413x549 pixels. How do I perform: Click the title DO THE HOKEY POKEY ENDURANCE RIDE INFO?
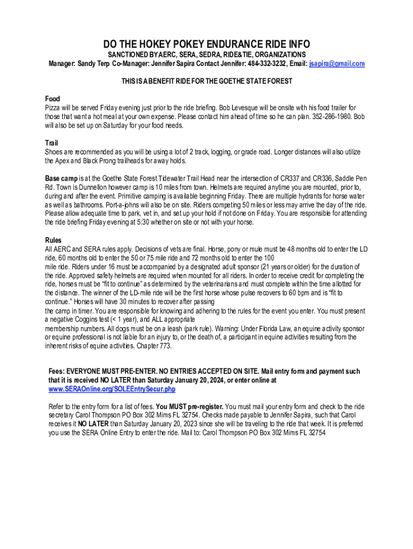[206, 44]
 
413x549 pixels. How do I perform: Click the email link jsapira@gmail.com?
[337, 64]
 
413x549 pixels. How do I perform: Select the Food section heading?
[53, 99]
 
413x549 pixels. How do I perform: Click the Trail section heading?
[51, 143]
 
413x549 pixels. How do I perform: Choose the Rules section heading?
[54, 240]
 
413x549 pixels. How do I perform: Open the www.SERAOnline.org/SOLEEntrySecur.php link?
[112, 389]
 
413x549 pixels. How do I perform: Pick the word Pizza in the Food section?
[54, 108]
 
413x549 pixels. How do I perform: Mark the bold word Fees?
[57, 371]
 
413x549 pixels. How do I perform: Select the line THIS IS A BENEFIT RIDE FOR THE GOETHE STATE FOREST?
[206, 81]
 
